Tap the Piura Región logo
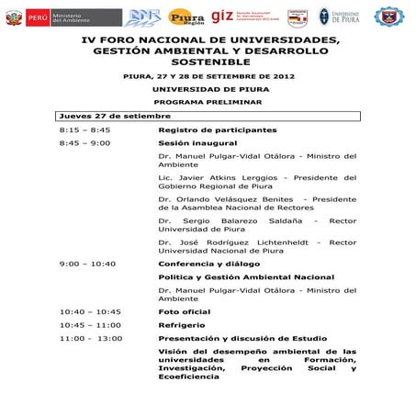click(186, 17)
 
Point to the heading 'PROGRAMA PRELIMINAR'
click(208, 102)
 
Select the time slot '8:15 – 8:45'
click(84, 130)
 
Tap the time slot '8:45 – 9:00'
click(84, 143)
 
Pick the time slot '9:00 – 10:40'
click(87, 264)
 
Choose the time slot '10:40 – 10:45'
click(90, 311)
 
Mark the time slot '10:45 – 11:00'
click(90, 324)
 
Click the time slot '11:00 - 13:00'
click(90, 338)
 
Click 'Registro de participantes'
click(217, 130)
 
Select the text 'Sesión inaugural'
click(197, 143)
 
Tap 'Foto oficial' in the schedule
click(184, 311)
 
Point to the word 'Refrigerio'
click(181, 324)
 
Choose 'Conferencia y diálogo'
click(208, 264)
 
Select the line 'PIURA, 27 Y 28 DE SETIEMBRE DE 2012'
click(208, 76)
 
